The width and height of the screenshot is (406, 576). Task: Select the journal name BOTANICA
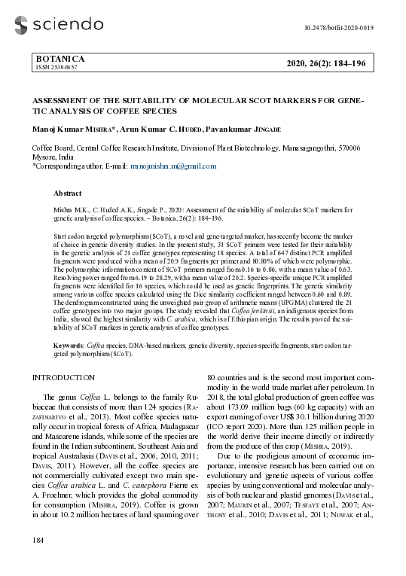[x=60, y=59]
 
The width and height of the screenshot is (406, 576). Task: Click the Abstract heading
[x=68, y=194]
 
